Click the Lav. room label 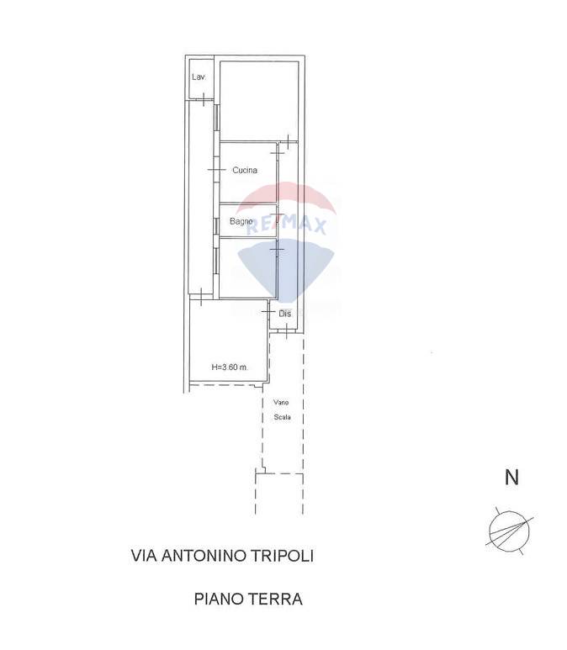199,77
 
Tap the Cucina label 245,170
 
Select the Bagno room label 241,221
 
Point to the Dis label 284,314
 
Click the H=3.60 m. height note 230,367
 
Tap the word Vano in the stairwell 281,402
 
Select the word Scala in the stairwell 282,417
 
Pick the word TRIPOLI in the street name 284,556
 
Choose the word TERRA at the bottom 276,599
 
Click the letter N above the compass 511,477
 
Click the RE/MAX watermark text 286,225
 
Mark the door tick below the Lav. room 204,99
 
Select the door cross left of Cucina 216,170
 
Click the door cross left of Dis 268,311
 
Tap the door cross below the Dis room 287,331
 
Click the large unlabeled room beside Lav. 259,101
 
